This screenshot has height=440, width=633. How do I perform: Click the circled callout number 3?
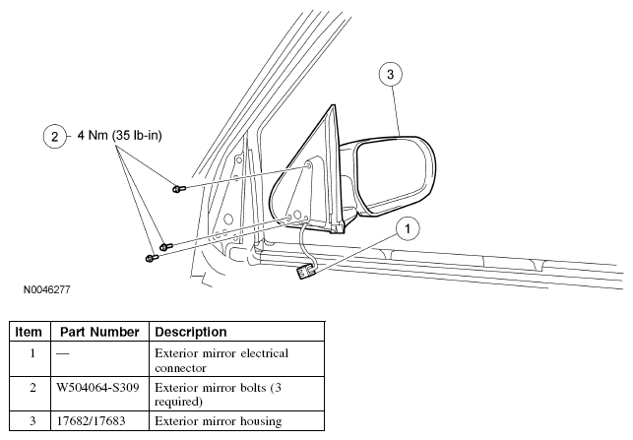(391, 74)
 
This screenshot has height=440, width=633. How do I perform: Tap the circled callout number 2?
(54, 137)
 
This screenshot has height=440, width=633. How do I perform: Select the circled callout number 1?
(408, 229)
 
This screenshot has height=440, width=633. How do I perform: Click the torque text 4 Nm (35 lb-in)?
(119, 135)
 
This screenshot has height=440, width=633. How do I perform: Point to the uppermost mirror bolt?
(178, 188)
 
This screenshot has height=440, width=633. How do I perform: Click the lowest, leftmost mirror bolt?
(152, 258)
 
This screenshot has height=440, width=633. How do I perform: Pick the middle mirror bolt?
(166, 246)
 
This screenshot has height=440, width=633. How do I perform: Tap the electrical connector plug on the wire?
(306, 272)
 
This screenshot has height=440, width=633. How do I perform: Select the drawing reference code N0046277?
(47, 289)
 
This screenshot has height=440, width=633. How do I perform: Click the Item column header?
(29, 332)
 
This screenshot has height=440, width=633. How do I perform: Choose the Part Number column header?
(99, 332)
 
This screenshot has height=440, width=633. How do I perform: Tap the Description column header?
(191, 332)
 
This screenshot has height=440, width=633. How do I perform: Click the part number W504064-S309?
(97, 388)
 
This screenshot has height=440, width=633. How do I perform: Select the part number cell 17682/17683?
(91, 421)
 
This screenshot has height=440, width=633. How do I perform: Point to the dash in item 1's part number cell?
(63, 354)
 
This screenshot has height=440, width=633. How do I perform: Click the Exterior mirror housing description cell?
(219, 421)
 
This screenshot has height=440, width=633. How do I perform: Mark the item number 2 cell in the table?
(32, 388)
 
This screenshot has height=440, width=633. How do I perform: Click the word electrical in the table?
(265, 353)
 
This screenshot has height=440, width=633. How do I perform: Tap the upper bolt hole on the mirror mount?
(309, 165)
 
